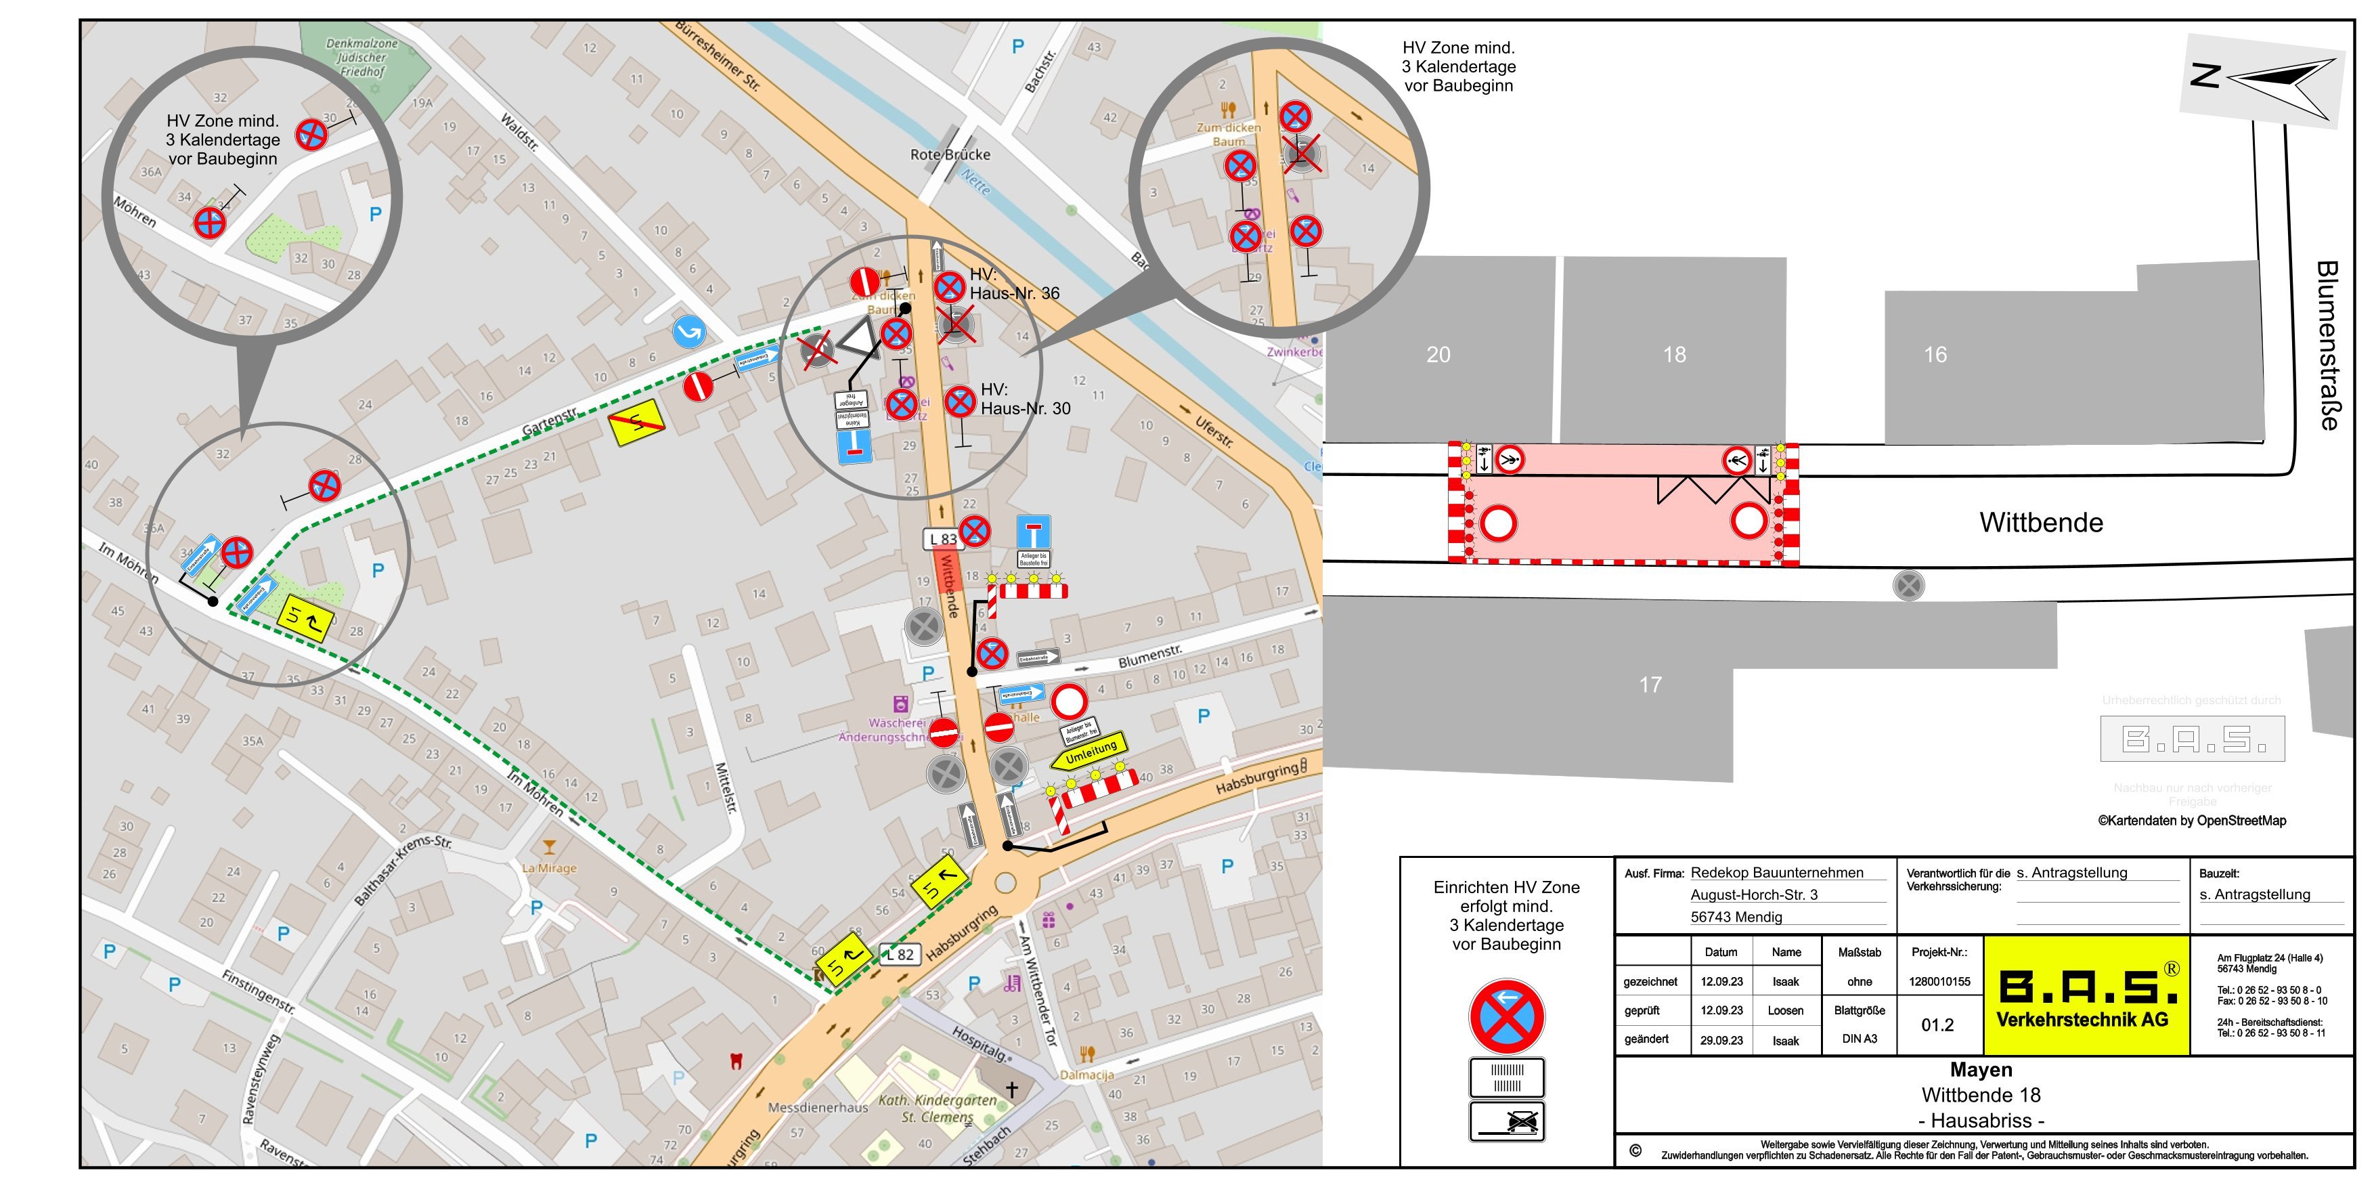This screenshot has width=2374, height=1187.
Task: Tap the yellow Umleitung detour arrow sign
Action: point(1089,754)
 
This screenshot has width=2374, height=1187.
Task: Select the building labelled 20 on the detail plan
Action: point(1438,355)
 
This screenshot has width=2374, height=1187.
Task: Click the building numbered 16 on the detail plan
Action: point(1935,355)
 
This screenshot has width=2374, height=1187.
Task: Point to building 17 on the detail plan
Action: point(1650,685)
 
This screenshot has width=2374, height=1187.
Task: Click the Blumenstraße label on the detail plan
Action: point(2327,345)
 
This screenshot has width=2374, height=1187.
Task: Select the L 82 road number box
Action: point(900,955)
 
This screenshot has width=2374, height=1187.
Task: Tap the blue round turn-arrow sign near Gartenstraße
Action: point(688,332)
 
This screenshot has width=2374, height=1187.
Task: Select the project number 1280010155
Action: point(1939,981)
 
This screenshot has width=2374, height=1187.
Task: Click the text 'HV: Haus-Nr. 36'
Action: point(1014,284)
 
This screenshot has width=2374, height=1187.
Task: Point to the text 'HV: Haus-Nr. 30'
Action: point(1025,399)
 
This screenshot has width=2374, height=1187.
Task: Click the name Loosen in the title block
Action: point(1785,1010)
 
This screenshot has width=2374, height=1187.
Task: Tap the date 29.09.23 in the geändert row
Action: point(1721,1039)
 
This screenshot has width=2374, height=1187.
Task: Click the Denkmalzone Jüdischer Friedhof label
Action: point(362,57)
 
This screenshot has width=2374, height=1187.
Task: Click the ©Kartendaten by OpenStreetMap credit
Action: point(2191,820)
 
